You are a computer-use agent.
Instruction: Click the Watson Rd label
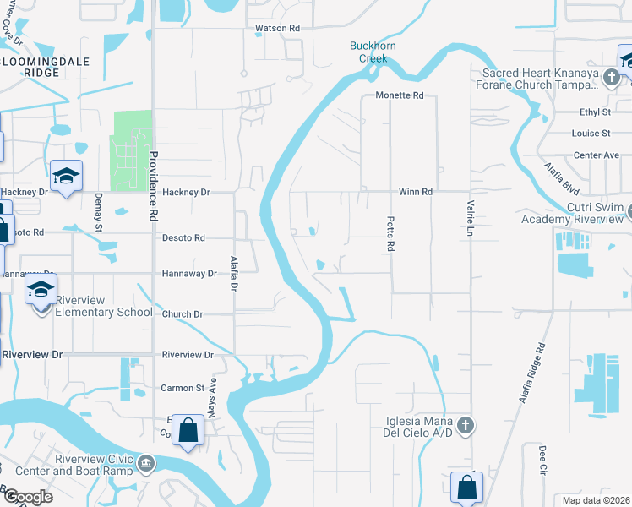(x=278, y=28)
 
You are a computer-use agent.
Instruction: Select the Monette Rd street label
(x=400, y=95)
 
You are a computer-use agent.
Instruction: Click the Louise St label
(x=591, y=134)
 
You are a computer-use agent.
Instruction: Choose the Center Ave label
(x=597, y=155)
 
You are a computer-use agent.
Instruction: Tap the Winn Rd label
(x=416, y=192)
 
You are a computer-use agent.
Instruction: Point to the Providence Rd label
(x=154, y=186)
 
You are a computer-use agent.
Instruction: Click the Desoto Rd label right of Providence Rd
(x=183, y=238)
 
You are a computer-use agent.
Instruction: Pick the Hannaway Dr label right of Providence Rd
(x=189, y=274)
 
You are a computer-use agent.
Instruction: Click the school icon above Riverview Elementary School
(x=41, y=291)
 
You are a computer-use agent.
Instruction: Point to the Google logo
(x=27, y=497)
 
